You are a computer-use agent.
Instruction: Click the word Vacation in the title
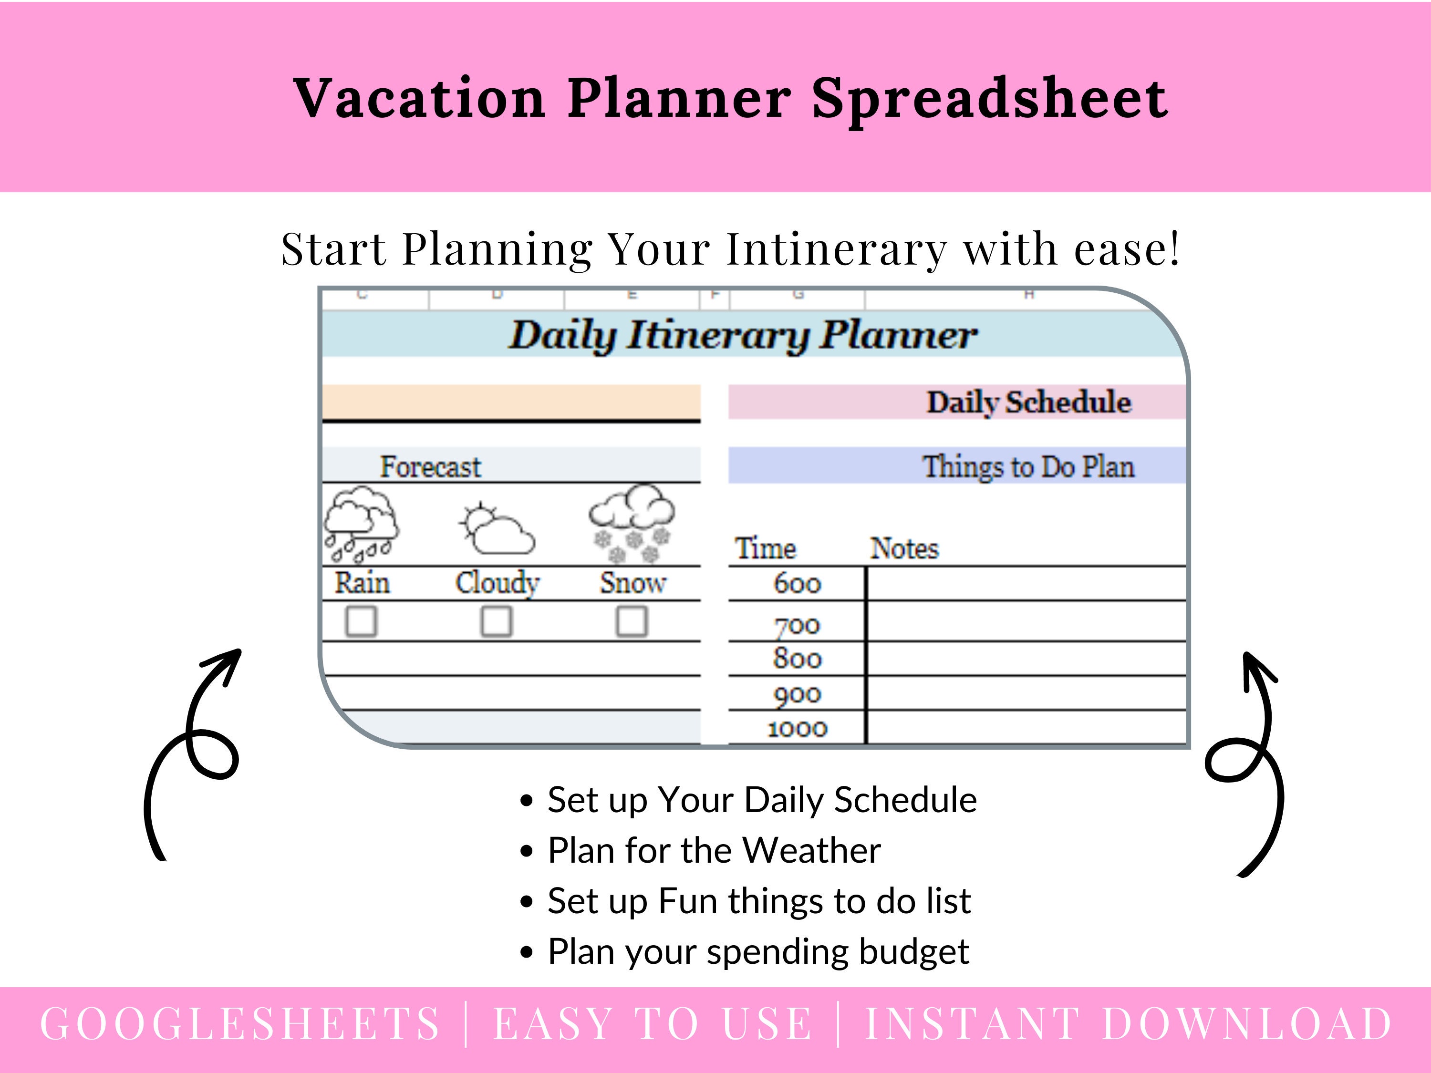(419, 98)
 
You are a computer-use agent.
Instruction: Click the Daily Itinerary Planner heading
(743, 335)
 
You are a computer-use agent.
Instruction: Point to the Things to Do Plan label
(1028, 466)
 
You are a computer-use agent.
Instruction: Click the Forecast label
(430, 466)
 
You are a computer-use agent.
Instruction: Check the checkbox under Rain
(361, 621)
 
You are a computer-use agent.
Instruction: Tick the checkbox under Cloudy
(496, 621)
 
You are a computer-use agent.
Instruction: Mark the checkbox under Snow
(632, 621)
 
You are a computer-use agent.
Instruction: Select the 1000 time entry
(797, 729)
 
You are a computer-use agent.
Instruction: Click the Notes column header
(904, 548)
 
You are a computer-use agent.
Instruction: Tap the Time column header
(765, 548)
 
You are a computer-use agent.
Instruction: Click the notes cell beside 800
(1026, 659)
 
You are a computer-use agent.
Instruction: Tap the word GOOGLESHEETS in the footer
(240, 1024)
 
